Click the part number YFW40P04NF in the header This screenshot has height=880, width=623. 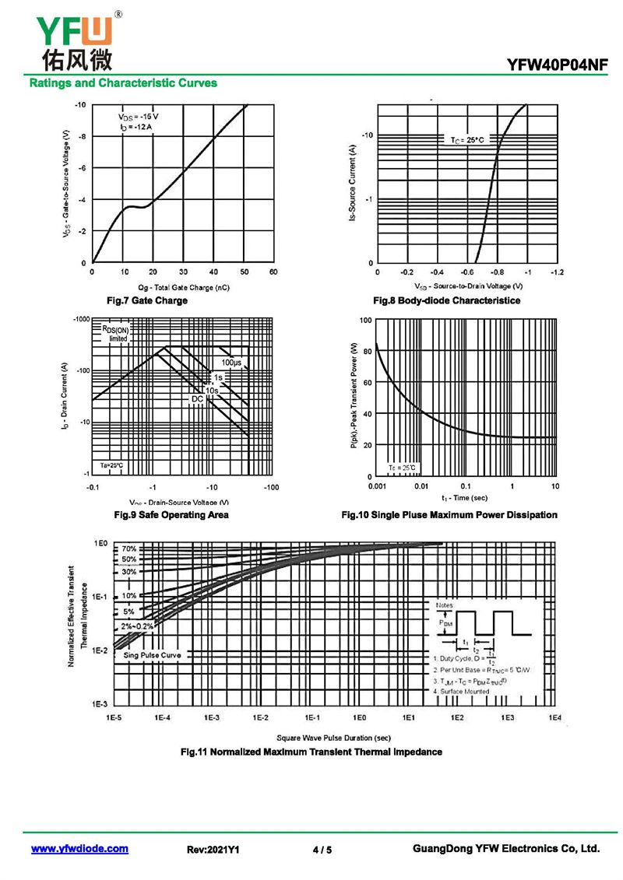click(557, 67)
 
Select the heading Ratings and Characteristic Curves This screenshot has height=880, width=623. click(123, 83)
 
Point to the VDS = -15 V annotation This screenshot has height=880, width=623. click(139, 116)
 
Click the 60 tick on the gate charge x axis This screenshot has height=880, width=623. click(273, 272)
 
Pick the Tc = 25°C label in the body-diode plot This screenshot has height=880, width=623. click(467, 140)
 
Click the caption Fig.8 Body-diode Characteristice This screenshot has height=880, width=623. click(447, 300)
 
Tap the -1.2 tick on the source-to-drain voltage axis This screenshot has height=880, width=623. click(556, 272)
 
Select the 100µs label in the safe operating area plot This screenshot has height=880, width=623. click(231, 363)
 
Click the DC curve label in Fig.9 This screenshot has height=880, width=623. click(197, 399)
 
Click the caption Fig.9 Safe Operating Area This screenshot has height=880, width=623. click(171, 515)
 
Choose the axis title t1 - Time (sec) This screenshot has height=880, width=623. click(464, 497)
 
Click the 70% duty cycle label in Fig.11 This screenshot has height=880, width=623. click(128, 549)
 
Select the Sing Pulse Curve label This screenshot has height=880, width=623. click(152, 655)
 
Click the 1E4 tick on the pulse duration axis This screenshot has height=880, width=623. click(555, 717)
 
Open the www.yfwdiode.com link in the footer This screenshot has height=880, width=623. click(79, 849)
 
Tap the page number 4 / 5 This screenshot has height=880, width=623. click(322, 850)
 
